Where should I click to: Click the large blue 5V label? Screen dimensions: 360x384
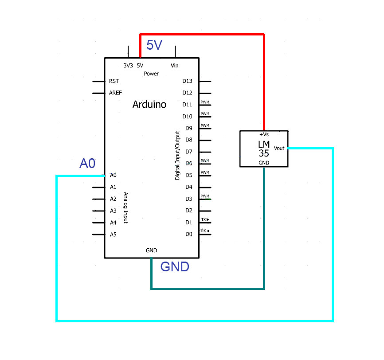(x=154, y=45)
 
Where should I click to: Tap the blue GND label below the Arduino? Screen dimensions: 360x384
(x=175, y=267)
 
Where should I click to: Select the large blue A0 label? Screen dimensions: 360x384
(x=87, y=164)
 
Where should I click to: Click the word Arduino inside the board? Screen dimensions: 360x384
(x=149, y=105)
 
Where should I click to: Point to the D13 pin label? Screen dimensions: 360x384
(x=188, y=81)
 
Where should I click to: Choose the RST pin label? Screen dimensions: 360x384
(x=114, y=81)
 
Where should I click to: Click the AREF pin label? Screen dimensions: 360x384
(x=115, y=93)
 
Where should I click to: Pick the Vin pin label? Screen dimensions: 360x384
(x=175, y=66)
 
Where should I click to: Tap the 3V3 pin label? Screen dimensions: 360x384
(x=128, y=66)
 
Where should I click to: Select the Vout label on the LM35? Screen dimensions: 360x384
(x=279, y=148)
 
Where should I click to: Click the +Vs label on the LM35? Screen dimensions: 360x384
(x=264, y=134)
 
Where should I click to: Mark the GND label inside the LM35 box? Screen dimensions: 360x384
(x=264, y=163)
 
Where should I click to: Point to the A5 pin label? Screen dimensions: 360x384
(x=113, y=234)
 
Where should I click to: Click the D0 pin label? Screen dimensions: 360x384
(x=188, y=234)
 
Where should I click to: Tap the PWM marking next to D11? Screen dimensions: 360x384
(x=205, y=102)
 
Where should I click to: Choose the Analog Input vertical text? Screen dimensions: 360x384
(x=125, y=207)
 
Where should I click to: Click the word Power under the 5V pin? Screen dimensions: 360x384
(x=151, y=74)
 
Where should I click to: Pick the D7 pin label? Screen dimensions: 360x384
(x=188, y=152)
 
